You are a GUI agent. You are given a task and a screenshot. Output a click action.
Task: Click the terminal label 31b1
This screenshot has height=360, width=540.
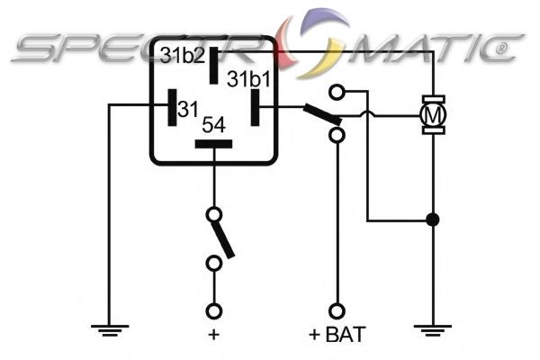click(x=247, y=79)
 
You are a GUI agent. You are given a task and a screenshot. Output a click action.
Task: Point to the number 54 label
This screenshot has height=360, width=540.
click(x=213, y=124)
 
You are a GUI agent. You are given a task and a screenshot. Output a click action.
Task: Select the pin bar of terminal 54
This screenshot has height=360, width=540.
click(x=213, y=143)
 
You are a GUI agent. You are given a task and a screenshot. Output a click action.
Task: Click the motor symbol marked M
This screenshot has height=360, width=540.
click(x=434, y=114)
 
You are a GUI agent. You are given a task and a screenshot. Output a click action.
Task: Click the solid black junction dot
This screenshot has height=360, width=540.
click(x=434, y=220)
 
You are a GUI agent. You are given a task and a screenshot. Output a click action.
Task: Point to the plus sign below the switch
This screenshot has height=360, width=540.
click(x=214, y=334)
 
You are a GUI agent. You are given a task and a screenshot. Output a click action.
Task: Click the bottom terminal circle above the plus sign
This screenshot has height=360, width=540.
click(x=214, y=310)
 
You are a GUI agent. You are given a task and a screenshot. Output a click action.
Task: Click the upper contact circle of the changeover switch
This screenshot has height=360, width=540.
click(x=337, y=92)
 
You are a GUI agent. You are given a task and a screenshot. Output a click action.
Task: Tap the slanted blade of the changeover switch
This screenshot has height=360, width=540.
click(x=321, y=114)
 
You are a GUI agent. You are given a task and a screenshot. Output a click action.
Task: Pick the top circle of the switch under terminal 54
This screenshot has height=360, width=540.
click(x=214, y=214)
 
